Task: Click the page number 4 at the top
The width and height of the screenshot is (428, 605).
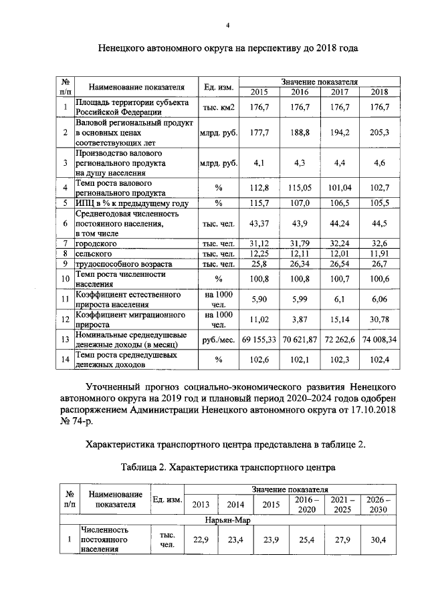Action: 227,25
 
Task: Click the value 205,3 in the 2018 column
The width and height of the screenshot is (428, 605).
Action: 380,133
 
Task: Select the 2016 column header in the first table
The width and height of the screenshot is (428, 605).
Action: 300,92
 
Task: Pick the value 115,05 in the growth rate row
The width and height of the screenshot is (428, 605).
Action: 300,187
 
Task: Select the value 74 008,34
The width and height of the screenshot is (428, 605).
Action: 380,340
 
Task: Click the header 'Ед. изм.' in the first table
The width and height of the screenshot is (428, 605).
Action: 218,86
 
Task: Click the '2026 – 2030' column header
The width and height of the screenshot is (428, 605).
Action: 378,505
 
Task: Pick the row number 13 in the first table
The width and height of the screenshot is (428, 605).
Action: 65,340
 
